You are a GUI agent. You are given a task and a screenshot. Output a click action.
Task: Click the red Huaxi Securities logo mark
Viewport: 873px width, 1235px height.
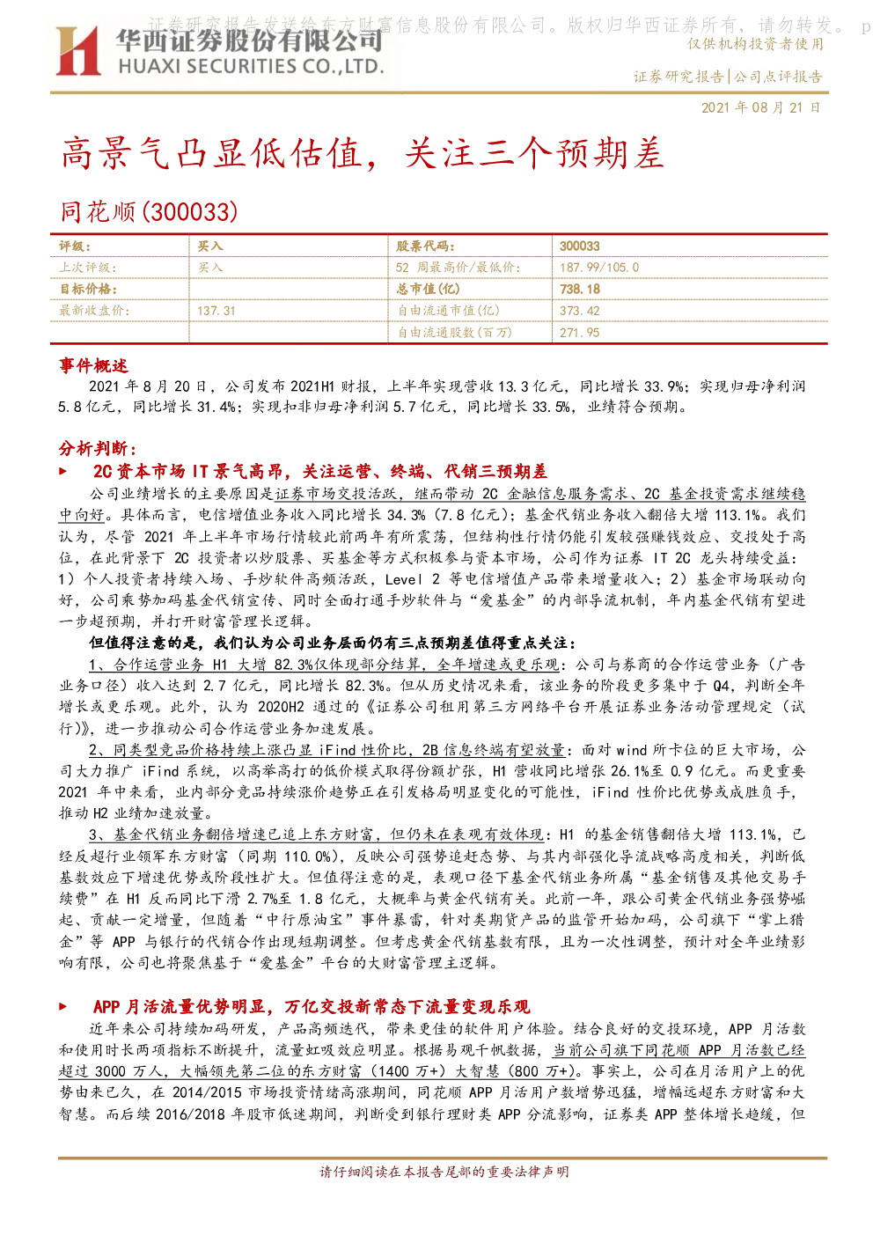pos(77,51)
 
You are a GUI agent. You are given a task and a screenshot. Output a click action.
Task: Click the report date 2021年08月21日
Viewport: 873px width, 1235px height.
pos(760,107)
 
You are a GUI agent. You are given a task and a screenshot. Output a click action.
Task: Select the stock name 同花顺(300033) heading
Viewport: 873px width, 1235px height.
pos(149,212)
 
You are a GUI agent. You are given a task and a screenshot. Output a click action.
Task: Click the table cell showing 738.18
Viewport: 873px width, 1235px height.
pos(580,289)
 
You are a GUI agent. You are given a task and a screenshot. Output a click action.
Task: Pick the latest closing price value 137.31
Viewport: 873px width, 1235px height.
pos(216,311)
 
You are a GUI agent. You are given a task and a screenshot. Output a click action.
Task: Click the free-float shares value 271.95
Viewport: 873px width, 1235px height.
pos(579,333)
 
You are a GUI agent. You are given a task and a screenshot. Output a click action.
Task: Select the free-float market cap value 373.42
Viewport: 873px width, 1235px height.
pos(579,311)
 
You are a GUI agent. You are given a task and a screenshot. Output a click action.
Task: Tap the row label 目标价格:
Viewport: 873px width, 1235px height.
pos(88,289)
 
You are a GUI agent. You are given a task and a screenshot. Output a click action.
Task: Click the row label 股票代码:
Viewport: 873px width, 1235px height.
pos(425,246)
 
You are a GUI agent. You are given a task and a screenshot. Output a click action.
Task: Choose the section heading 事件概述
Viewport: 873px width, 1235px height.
pos(93,365)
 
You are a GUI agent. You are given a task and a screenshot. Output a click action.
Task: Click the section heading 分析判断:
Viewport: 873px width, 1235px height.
pos(98,448)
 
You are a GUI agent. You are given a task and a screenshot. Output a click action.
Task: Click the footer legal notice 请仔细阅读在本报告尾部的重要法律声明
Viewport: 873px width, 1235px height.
pos(444,1172)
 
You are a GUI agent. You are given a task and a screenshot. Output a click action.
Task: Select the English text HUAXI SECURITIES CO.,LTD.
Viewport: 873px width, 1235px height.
pos(251,67)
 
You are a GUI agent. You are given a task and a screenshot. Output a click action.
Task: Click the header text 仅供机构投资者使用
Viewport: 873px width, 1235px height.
pos(755,43)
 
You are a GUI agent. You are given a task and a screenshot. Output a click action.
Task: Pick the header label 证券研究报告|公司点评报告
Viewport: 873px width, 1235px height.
pos(728,77)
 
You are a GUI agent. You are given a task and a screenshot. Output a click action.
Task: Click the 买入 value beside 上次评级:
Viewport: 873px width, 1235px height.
pos(210,268)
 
